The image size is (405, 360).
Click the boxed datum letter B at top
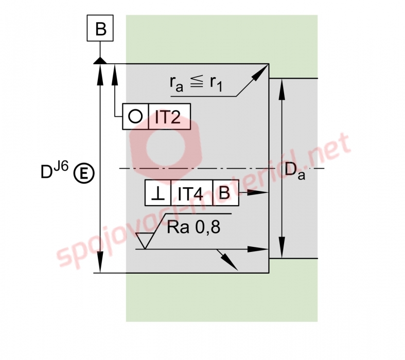[100, 28]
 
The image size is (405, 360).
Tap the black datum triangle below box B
[100, 61]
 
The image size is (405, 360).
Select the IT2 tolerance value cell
[169, 116]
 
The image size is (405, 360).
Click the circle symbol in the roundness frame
[135, 116]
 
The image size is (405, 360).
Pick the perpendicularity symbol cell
[158, 192]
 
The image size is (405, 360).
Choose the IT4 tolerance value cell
[191, 192]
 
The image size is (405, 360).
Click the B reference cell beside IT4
[225, 192]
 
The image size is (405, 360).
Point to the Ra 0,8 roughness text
[193, 227]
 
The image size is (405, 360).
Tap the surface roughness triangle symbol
[145, 241]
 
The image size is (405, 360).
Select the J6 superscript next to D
[61, 167]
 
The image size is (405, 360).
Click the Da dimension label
[295, 171]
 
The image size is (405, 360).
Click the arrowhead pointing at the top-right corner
[260, 73]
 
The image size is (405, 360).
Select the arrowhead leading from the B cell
[258, 192]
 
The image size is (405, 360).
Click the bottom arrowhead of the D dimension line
[100, 262]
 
